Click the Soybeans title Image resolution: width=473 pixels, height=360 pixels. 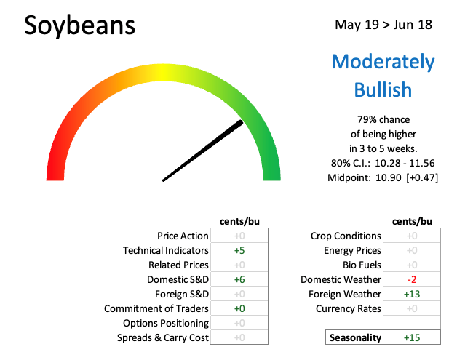click(79, 26)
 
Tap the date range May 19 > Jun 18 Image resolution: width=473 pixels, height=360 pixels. click(383, 25)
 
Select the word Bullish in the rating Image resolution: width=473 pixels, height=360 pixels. click(383, 89)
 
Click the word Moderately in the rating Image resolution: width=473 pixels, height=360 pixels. click(383, 62)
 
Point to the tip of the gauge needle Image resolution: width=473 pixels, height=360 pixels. click(241, 122)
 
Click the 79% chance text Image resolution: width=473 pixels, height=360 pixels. click(383, 119)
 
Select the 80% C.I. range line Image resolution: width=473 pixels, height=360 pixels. click(383, 163)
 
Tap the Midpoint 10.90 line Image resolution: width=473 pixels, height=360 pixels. click(383, 177)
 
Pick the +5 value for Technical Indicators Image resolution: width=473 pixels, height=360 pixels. click(239, 250)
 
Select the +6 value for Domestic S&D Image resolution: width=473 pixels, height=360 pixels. click(239, 279)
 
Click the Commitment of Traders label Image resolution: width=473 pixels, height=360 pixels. click(156, 308)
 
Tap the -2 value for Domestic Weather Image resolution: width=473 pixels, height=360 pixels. click(411, 279)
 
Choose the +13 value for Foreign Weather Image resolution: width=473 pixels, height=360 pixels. click(411, 294)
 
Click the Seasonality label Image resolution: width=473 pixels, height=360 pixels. click(355, 337)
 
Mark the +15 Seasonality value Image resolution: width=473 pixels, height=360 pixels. click(411, 337)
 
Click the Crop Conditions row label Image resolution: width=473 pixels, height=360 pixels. click(346, 236)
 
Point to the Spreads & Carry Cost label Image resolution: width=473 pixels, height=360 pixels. click(163, 337)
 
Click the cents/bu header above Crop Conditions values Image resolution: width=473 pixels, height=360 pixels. click(412, 222)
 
